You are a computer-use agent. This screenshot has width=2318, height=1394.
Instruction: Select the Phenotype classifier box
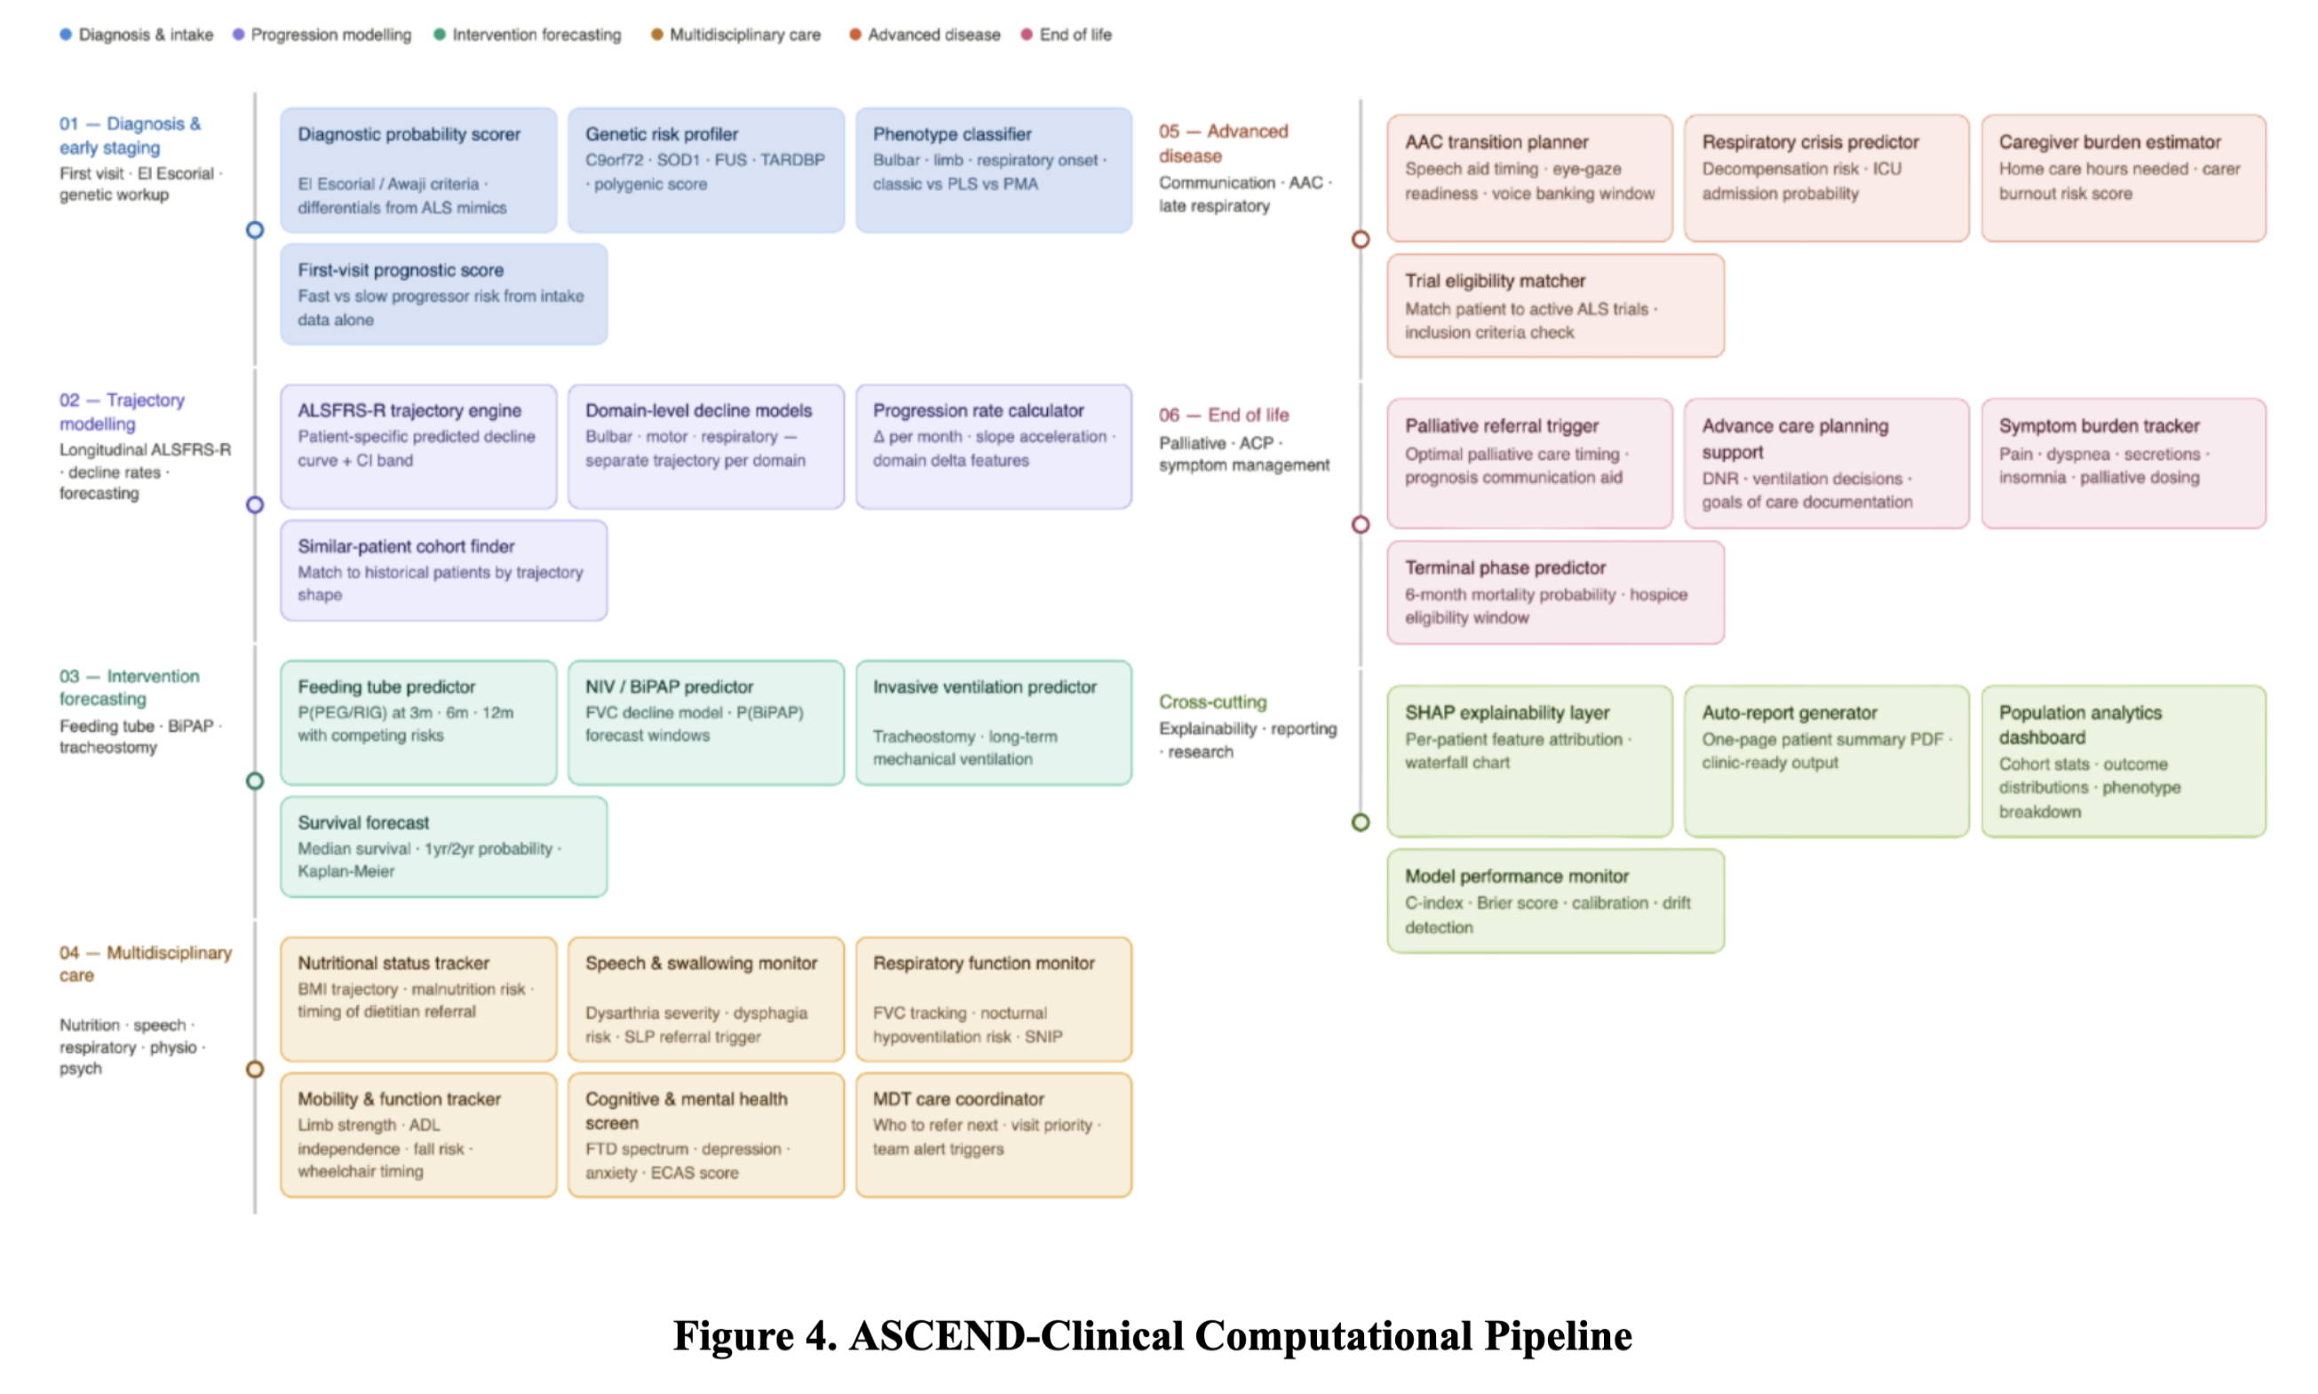992,169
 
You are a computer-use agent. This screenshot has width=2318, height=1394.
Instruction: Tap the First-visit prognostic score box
442,294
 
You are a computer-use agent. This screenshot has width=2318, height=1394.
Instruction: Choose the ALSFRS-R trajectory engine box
417,447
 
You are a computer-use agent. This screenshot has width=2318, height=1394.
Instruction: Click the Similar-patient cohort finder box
442,570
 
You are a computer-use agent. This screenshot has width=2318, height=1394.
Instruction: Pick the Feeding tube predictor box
417,723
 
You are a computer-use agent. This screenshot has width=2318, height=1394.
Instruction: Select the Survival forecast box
442,846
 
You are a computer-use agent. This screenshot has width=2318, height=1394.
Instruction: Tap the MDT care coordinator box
992,1135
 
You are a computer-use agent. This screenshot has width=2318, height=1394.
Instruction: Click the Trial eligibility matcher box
1554,305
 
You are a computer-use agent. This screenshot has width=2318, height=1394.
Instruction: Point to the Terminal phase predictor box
1554,592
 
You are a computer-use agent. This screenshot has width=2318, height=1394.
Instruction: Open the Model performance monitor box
1554,901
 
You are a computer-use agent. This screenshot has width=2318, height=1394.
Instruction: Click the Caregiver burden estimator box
2122,178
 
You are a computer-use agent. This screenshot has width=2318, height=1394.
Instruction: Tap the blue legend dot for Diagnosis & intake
66,35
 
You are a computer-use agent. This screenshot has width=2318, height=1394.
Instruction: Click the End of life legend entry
1066,35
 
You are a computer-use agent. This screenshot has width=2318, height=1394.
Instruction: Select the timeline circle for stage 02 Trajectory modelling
255,504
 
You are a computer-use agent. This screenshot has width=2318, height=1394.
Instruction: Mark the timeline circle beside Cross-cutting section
1360,822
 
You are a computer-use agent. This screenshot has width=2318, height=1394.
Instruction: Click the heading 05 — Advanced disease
1222,143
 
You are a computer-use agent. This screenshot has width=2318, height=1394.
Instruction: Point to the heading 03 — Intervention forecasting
129,686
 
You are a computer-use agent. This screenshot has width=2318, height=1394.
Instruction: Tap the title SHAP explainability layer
1506,712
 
